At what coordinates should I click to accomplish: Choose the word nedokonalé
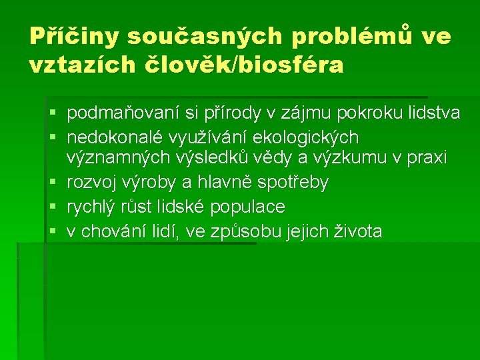tap(117, 137)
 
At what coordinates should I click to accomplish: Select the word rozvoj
tap(91, 182)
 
